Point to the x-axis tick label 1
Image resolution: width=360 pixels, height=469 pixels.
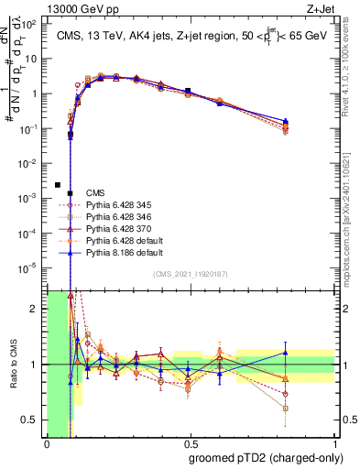click(334, 444)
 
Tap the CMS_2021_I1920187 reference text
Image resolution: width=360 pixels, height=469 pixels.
click(190, 275)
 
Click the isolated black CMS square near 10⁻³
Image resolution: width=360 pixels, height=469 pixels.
click(58, 184)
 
